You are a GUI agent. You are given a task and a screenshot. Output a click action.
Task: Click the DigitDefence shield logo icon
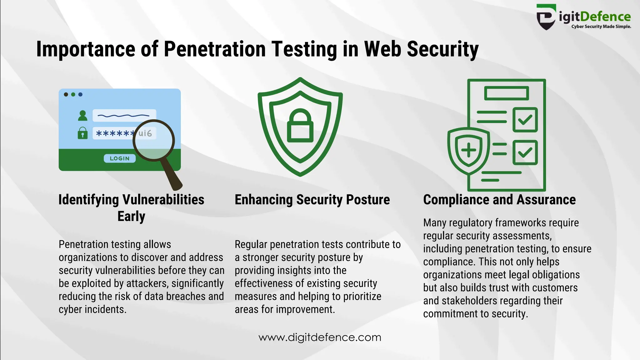(x=546, y=17)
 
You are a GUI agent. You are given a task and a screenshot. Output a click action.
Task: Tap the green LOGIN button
(x=120, y=158)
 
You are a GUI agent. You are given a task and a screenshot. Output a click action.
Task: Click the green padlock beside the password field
(x=82, y=133)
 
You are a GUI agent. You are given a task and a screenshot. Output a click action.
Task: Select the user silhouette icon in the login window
(x=82, y=116)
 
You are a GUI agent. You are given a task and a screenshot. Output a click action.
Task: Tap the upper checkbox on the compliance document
(x=525, y=120)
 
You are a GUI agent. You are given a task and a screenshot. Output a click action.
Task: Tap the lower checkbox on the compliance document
(x=525, y=152)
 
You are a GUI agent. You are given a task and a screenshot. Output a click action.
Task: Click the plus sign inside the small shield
(x=468, y=150)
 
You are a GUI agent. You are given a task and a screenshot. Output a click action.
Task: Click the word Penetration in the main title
(x=214, y=49)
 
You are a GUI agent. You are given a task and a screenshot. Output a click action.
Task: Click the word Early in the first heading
(x=131, y=216)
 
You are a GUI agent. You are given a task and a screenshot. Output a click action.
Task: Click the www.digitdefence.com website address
(x=320, y=337)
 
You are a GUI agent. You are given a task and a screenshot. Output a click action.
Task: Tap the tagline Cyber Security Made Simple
(x=601, y=27)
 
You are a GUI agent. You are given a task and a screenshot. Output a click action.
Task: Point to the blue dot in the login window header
(x=80, y=94)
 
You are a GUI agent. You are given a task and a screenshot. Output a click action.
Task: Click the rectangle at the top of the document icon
(x=506, y=93)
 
